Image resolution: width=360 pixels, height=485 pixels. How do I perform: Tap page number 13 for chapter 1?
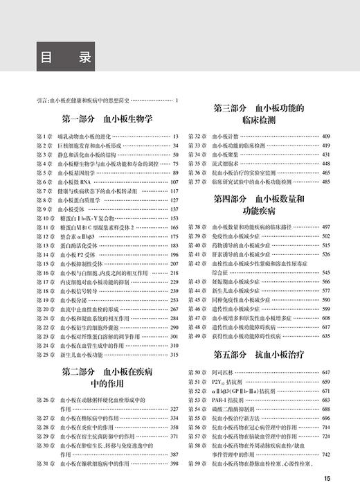pyautogui.click(x=175, y=136)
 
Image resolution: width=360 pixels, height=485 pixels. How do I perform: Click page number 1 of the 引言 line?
pyautogui.click(x=177, y=101)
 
